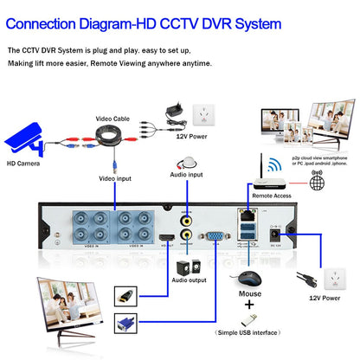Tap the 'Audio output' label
coord(189,280)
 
